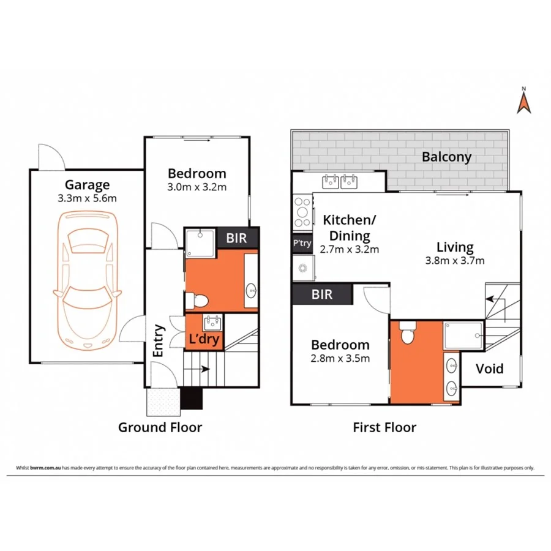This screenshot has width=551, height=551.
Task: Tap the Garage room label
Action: coord(88,184)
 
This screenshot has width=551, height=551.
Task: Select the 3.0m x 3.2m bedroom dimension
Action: coord(197,187)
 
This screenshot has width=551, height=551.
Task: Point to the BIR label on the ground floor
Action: coord(237,238)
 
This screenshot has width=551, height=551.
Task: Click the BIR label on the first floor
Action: coord(322,294)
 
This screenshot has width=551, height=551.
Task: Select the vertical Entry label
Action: coord(157,340)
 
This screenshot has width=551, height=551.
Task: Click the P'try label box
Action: coord(302,244)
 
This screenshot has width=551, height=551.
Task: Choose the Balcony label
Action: coord(446,157)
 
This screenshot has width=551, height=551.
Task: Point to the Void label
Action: coord(490,369)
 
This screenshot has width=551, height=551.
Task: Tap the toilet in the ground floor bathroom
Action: coord(198,300)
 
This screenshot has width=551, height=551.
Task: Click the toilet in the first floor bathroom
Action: coord(407,334)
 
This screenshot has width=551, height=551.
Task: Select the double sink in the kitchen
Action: coord(339,181)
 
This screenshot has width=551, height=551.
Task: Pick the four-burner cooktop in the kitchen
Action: coord(302,210)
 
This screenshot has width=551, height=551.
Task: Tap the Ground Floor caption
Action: coord(160,427)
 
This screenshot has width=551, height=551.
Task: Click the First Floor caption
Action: coord(384,427)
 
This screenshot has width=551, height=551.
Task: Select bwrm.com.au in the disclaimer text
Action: coord(41,468)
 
